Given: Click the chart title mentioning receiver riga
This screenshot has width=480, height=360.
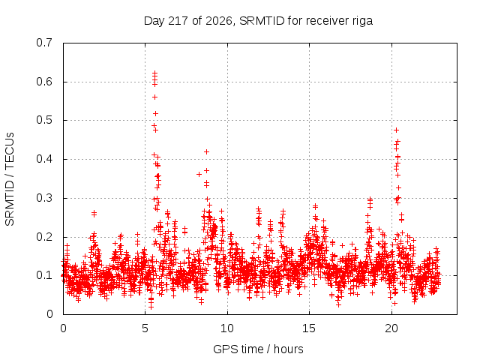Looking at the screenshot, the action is [x=258, y=21].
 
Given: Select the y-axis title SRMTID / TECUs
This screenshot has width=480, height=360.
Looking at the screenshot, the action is [x=10, y=179].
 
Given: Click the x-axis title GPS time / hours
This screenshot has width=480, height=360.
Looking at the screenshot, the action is [x=258, y=349].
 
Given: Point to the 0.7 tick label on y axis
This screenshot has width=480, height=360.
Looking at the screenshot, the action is [x=44, y=43].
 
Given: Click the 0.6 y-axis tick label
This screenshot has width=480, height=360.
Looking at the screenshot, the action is [x=44, y=82].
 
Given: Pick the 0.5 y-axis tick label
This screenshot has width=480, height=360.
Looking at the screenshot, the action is [x=44, y=120].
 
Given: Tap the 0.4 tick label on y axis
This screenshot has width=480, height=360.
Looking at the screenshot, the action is [x=44, y=159].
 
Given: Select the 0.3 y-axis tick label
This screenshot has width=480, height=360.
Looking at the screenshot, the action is [x=44, y=198].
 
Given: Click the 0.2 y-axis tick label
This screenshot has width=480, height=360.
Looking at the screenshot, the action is [x=44, y=237].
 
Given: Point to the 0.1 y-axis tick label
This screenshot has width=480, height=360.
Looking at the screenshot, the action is [x=44, y=275].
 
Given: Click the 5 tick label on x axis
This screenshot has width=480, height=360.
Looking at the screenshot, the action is [x=145, y=328].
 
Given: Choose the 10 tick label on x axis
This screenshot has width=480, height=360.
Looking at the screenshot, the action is [x=226, y=328].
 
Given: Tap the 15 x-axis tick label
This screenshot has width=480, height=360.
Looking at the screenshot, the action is [x=309, y=328].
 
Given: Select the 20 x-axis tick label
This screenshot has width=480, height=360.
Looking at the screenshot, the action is [x=391, y=328].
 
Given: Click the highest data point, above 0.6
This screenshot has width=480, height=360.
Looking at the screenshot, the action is [x=155, y=73].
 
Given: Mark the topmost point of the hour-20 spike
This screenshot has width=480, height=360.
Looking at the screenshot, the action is [x=397, y=130].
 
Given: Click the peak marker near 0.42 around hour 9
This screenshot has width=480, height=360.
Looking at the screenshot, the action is [x=207, y=151].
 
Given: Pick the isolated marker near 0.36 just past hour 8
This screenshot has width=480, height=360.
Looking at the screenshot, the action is [x=199, y=175].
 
